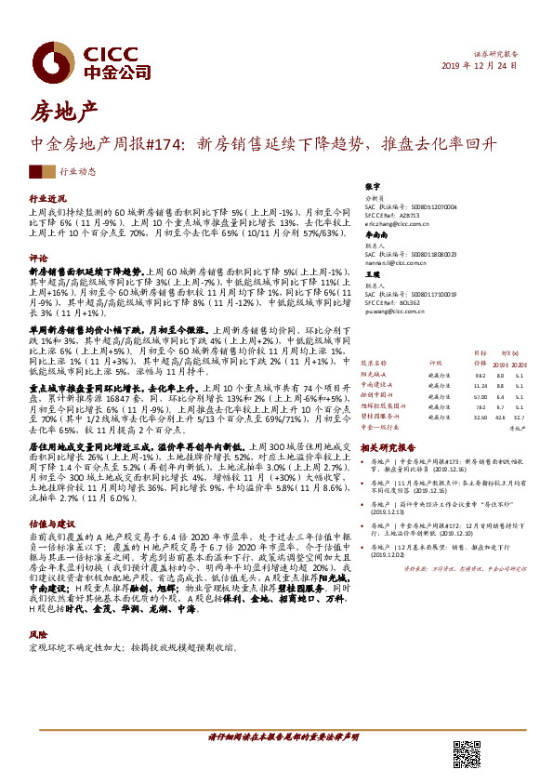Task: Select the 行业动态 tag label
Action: [77, 172]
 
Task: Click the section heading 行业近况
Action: [48, 199]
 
